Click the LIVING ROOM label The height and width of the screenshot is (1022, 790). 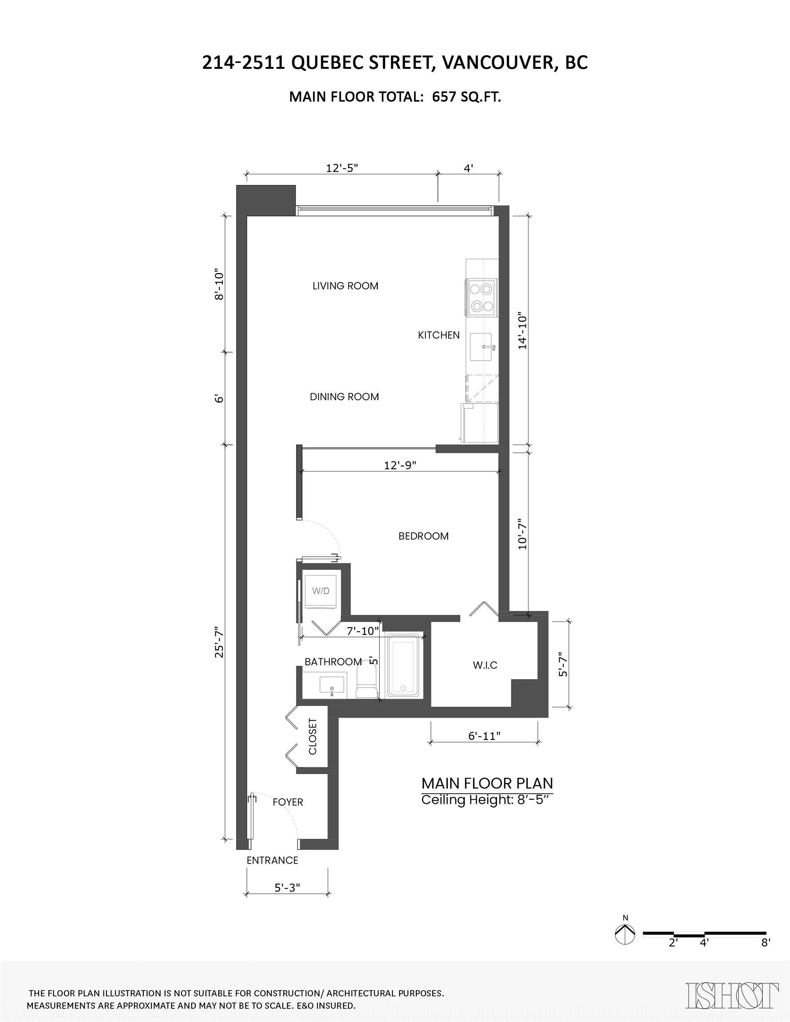click(345, 286)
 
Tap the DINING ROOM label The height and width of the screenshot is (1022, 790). click(344, 397)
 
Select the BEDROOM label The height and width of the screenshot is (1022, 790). click(423, 536)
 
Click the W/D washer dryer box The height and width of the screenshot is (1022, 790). click(321, 591)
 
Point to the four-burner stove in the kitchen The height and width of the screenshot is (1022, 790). click(482, 297)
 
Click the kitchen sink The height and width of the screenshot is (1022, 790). click(481, 347)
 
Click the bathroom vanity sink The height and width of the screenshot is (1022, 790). click(332, 685)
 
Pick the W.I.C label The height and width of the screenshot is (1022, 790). click(485, 665)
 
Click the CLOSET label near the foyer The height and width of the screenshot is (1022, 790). click(313, 736)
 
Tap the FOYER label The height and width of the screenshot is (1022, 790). click(288, 802)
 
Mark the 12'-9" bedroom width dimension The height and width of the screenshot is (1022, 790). click(400, 465)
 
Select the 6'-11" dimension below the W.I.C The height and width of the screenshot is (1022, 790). click(484, 736)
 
